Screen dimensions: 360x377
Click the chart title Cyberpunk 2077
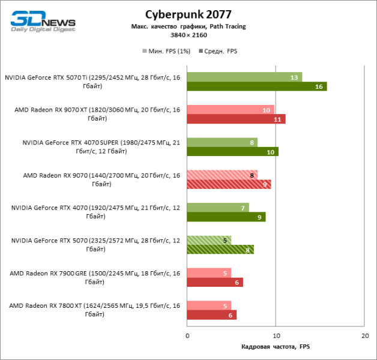point(188,14)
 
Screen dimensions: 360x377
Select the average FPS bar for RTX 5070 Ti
point(256,86)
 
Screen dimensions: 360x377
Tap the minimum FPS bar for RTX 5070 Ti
point(244,77)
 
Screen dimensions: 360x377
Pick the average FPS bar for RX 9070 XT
point(236,119)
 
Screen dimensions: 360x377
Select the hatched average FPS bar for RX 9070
point(229,184)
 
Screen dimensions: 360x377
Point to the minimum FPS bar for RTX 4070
point(217,208)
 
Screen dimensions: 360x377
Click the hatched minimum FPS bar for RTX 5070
point(209,240)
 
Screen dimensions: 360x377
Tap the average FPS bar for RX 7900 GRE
point(215,282)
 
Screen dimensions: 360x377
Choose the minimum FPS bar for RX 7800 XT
point(209,305)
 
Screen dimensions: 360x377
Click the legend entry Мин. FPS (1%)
point(166,51)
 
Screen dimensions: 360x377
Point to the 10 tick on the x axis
point(276,335)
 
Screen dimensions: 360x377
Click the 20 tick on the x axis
point(364,335)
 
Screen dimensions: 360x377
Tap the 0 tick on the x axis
point(187,335)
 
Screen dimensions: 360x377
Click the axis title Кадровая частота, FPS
point(276,347)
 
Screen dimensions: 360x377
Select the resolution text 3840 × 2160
point(188,35)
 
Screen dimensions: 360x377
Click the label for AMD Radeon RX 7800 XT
point(94,310)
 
